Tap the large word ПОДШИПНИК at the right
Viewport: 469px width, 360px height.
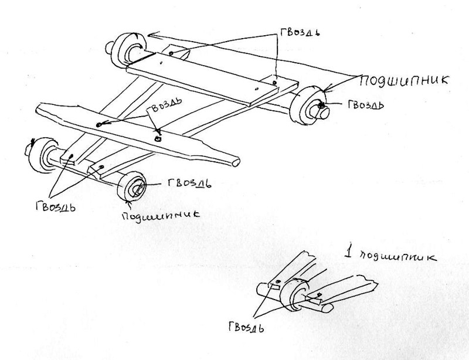click(x=405, y=80)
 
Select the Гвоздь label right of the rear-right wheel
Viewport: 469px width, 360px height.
click(x=365, y=106)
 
